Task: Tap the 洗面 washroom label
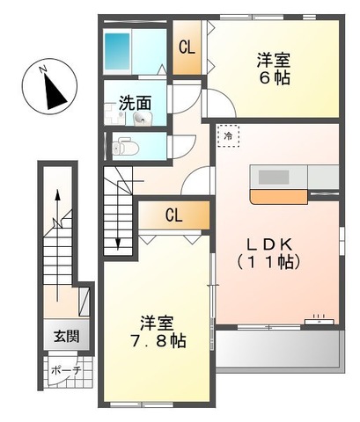point(134,102)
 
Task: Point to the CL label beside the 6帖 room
point(187,48)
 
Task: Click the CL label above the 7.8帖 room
point(173,215)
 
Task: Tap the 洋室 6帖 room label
point(274,68)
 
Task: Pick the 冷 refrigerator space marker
point(228,136)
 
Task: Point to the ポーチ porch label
point(64,370)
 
